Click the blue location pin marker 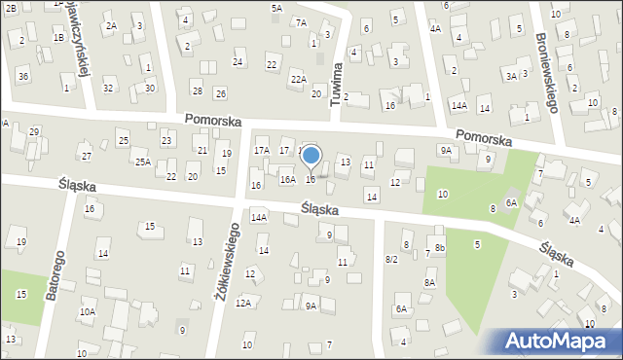click(311, 156)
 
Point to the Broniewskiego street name click(546, 73)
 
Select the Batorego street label click(55, 278)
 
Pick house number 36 click(22, 76)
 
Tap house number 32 click(108, 89)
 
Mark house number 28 click(197, 90)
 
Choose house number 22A click(298, 79)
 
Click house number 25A click(142, 162)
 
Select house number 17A click(261, 150)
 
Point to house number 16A click(287, 179)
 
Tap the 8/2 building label click(391, 259)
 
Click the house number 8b click(440, 249)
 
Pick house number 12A click(242, 304)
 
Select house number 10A click(87, 311)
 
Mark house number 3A click(511, 75)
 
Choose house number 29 click(34, 130)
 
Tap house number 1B click(58, 37)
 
